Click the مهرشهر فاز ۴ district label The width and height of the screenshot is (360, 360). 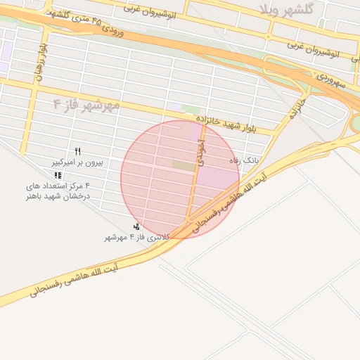[86, 105]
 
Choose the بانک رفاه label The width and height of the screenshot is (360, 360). [244, 160]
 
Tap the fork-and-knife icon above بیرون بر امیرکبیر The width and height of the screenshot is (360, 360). [77, 151]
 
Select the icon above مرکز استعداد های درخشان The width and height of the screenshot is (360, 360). [58, 175]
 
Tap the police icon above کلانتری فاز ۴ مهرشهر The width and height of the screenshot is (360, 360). [136, 226]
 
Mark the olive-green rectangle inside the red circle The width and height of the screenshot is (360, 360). [184, 165]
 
